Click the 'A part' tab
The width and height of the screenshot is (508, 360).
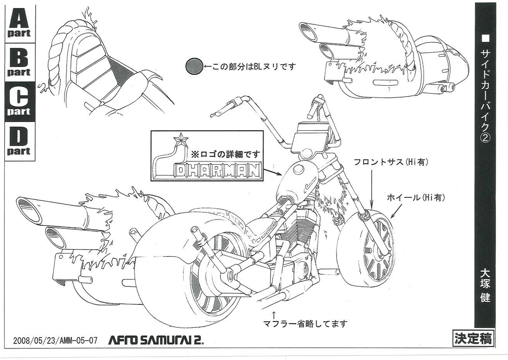point(19,23)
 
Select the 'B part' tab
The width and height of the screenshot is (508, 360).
point(19,63)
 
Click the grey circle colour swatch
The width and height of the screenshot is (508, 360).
point(194,67)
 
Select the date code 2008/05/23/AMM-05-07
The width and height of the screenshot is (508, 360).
point(55,341)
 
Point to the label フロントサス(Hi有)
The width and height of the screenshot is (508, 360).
point(391,163)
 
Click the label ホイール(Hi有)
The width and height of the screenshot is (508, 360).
point(416,198)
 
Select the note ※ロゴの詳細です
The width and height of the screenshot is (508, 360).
point(225,154)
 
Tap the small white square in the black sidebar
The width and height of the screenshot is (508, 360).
point(485,39)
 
